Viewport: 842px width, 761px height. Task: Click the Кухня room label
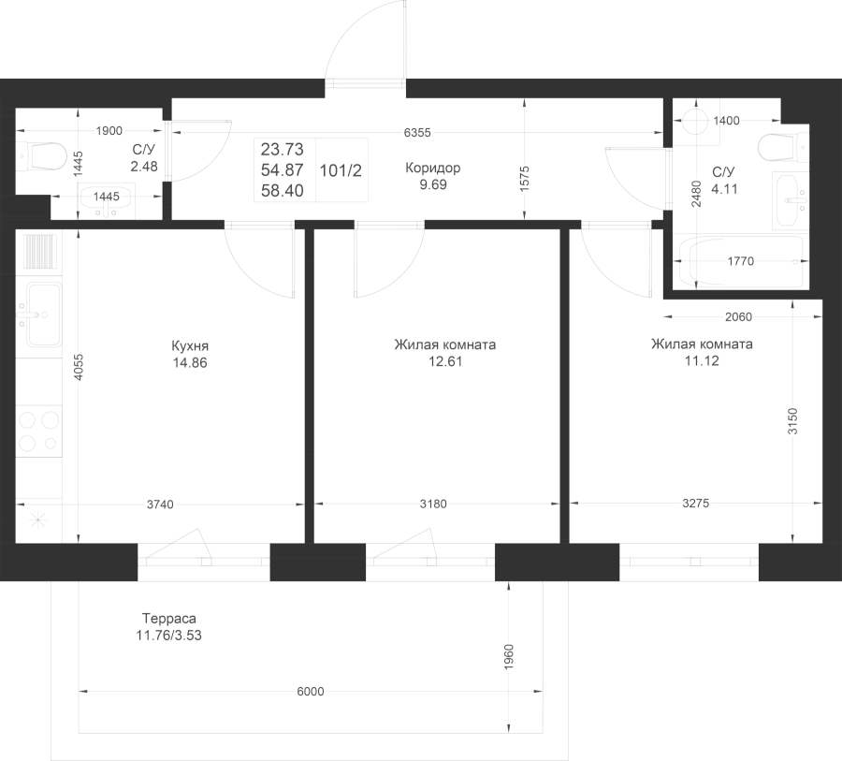190,345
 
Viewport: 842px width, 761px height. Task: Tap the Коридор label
433,168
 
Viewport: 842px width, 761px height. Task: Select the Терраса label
169,618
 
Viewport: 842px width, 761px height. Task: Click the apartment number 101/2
341,170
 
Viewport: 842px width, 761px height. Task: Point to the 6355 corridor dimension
417,132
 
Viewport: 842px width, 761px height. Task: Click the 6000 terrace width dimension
311,691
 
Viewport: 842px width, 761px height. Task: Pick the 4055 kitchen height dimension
79,367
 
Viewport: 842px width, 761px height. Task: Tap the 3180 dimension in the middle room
433,504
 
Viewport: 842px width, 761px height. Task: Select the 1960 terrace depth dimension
509,657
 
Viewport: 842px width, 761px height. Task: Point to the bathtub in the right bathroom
741,262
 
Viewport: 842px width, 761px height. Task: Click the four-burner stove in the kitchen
38,431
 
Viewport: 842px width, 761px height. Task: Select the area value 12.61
445,361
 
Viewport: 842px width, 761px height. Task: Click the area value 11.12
702,360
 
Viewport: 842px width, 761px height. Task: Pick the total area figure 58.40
283,190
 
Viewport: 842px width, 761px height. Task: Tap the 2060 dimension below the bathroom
738,317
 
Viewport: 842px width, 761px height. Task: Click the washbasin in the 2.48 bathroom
107,200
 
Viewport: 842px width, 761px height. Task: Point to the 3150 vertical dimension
793,421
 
